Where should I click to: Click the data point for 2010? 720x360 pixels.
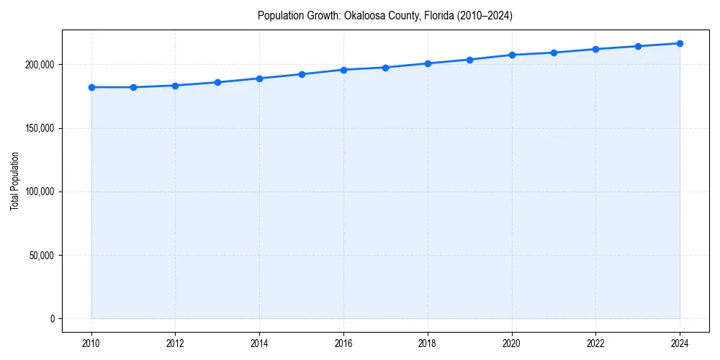point(91,87)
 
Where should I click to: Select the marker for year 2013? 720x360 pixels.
point(217,82)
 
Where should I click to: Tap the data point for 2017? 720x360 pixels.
point(386,68)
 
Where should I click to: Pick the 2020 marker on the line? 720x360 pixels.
point(512,55)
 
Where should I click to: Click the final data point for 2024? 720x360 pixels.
point(680,43)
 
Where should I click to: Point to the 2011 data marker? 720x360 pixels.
point(133,87)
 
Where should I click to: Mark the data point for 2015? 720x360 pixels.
point(302,74)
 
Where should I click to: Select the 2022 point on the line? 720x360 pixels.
point(595,49)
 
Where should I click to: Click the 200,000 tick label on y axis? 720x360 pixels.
point(38,65)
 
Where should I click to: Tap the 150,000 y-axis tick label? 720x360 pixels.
point(38,128)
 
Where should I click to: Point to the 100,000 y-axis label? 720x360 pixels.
point(38,192)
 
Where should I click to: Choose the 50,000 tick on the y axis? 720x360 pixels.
point(40,255)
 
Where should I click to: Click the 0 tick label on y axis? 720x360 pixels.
point(52,319)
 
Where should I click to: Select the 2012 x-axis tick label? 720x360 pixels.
point(176,343)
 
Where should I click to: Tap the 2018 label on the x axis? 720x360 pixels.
point(428,343)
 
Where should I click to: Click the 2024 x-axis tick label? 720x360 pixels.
point(680,343)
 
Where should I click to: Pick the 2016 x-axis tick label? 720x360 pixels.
point(343,343)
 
